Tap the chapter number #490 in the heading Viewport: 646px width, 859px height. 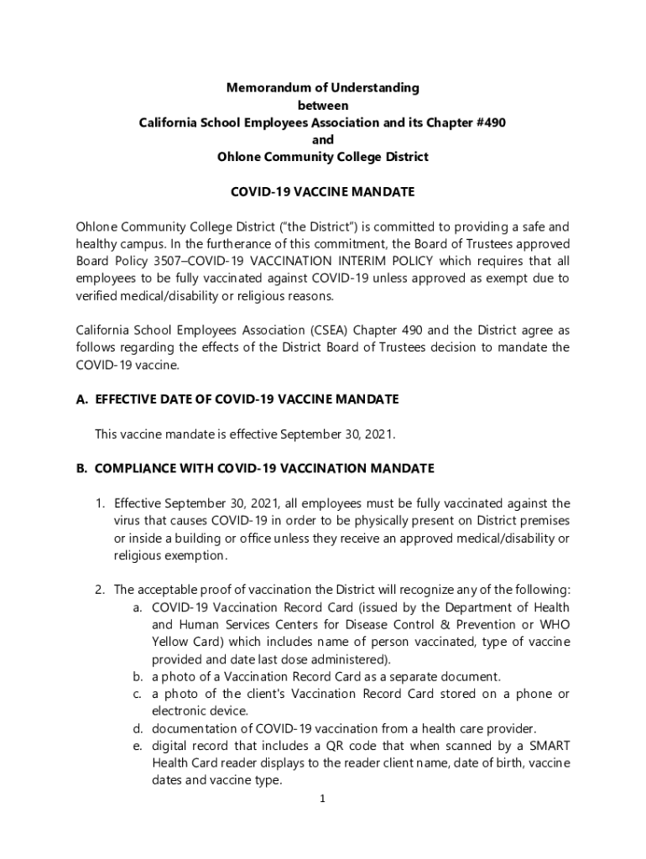tap(488, 122)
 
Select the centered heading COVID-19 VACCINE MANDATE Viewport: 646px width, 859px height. tap(322, 192)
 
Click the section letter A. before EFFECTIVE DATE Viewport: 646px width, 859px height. tap(82, 399)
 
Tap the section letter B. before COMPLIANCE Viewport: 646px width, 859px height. tap(82, 468)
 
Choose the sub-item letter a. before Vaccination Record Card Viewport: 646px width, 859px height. tap(137, 607)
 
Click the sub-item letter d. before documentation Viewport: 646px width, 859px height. tap(137, 728)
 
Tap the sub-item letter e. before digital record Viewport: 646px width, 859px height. tap(137, 746)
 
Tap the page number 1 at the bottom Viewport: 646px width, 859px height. tap(322, 799)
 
